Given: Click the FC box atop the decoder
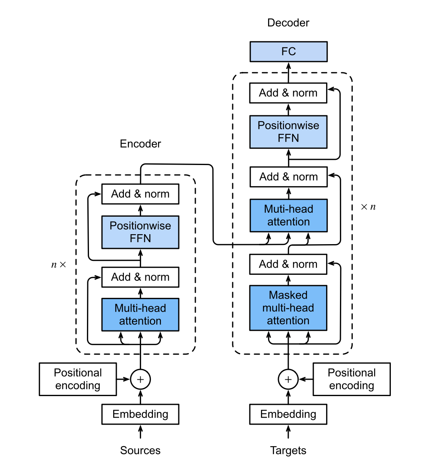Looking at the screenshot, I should click(x=288, y=52).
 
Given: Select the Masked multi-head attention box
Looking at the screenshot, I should click(x=288, y=308).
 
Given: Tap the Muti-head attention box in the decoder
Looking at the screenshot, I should click(x=288, y=216).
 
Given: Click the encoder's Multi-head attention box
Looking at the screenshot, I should click(x=140, y=315).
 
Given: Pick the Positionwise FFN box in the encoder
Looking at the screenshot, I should click(x=140, y=232).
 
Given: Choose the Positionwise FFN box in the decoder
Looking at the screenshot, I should click(x=288, y=132).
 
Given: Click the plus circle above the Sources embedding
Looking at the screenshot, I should click(x=140, y=379).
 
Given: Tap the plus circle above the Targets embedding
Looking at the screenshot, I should click(x=288, y=379).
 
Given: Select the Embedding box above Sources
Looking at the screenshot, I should click(x=140, y=414).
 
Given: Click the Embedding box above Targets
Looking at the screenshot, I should click(x=288, y=414).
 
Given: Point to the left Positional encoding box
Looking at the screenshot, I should click(x=78, y=379).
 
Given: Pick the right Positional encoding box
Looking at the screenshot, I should click(x=351, y=379).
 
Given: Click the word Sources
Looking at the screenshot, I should click(x=140, y=451).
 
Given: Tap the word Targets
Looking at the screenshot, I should click(x=288, y=451).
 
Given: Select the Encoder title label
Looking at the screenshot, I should click(x=140, y=144).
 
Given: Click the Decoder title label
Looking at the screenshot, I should click(x=288, y=23).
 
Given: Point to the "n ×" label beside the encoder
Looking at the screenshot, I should click(x=59, y=264).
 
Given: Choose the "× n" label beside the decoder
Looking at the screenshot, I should click(x=368, y=207).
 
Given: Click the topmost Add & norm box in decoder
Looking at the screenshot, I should click(x=288, y=93).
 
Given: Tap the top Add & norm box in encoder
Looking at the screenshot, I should click(x=140, y=194).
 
